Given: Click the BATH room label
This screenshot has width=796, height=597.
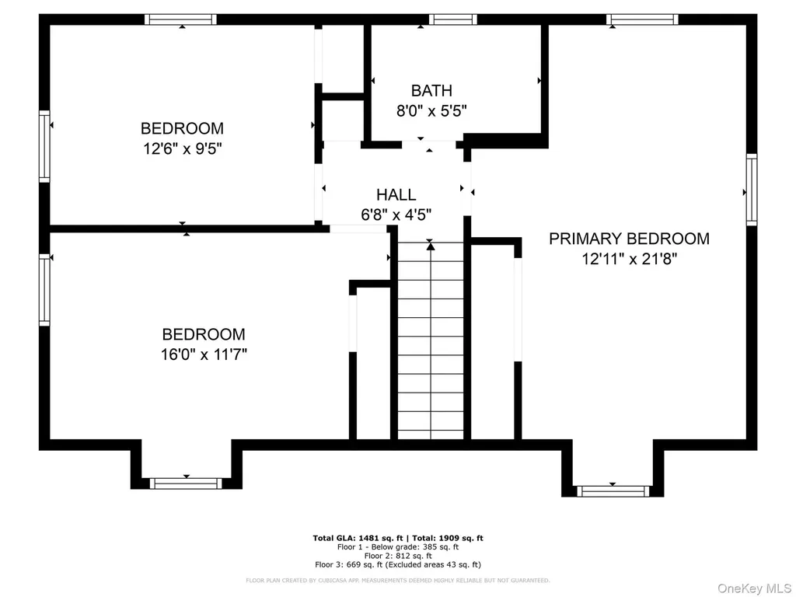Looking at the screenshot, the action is pos(431,90).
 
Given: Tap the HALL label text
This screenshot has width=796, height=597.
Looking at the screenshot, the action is pos(396,194).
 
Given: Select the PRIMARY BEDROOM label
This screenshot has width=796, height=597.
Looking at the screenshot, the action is pos(630,239).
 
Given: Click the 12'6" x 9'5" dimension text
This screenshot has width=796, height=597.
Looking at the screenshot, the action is pos(183,148).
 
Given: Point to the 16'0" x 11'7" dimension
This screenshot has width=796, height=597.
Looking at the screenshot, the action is pos(204,354).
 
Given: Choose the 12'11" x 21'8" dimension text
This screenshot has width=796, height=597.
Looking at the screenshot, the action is pos(630,259).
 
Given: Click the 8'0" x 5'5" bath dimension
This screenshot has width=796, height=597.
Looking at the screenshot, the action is pos(431,110).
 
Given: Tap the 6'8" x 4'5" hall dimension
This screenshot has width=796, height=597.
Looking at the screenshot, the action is pos(396,215).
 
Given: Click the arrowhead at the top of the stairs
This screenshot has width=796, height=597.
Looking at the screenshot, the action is pos(431,246).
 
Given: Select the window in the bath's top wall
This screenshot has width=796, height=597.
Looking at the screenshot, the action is pos(453,19).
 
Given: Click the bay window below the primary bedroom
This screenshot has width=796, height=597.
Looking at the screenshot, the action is pos(613,491).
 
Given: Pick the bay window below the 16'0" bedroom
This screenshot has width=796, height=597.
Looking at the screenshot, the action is pos(187,484).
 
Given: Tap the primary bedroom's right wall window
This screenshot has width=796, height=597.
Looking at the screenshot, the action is pos(752,190).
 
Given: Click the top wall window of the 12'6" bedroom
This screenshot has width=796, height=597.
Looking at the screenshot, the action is pos(180,19).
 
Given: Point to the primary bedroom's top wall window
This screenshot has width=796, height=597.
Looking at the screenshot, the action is pos(642,19).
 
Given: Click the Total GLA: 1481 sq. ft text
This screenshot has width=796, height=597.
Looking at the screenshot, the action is pos(358,538).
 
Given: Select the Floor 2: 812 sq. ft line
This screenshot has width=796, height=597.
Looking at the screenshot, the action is pos(398,556).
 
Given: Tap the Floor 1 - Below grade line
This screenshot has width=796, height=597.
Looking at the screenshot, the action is pos(398,547).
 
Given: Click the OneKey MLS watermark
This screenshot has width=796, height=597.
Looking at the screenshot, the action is pos(754,588).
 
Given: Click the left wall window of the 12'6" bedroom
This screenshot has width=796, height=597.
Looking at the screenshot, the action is pos(44,146).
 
